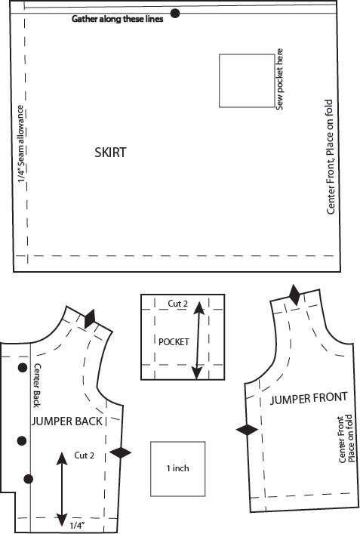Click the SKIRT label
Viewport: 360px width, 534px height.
coord(110,153)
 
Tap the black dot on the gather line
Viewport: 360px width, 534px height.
coord(175,14)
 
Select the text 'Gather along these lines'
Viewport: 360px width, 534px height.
coord(118,19)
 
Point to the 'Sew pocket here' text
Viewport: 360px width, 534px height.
coord(279,79)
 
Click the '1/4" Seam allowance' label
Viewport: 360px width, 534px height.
coord(21,144)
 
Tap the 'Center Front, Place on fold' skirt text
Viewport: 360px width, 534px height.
coord(330,156)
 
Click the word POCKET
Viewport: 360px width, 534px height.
coord(174,341)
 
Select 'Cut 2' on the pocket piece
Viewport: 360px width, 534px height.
coord(177,304)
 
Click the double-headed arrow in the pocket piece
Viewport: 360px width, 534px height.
coord(198,341)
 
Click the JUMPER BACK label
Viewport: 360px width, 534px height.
coord(67,421)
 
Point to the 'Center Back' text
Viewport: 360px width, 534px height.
coord(36,385)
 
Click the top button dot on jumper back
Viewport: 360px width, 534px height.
coord(23,368)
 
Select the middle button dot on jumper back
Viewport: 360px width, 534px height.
coord(22,440)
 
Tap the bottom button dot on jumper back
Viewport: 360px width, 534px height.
coord(29,479)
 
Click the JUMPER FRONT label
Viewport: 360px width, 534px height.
coord(309,398)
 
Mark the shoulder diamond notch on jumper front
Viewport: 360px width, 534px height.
coord(294,295)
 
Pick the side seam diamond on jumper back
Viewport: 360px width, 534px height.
coord(120,452)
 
